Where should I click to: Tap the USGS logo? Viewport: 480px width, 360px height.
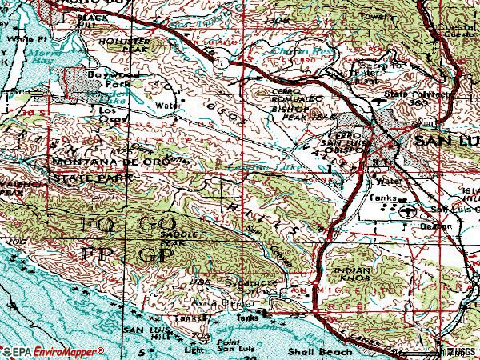(x=459, y=351)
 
